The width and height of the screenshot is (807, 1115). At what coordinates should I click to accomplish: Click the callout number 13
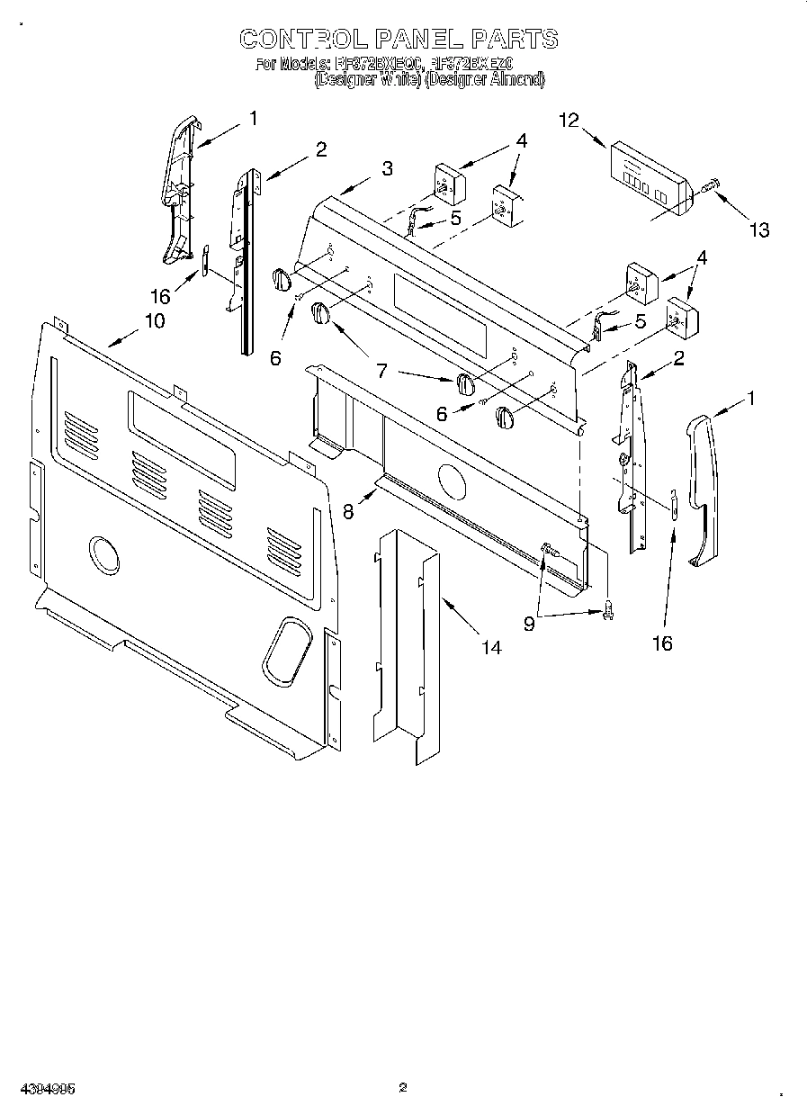tap(759, 230)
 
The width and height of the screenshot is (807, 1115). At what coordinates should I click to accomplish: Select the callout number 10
tap(154, 319)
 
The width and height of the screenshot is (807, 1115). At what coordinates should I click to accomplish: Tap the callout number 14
tap(491, 647)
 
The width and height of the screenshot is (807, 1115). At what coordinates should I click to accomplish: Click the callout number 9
tap(529, 623)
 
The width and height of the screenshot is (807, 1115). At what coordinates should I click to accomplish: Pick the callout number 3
tap(386, 168)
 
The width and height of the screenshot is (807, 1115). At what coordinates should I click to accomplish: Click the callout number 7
tap(381, 369)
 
